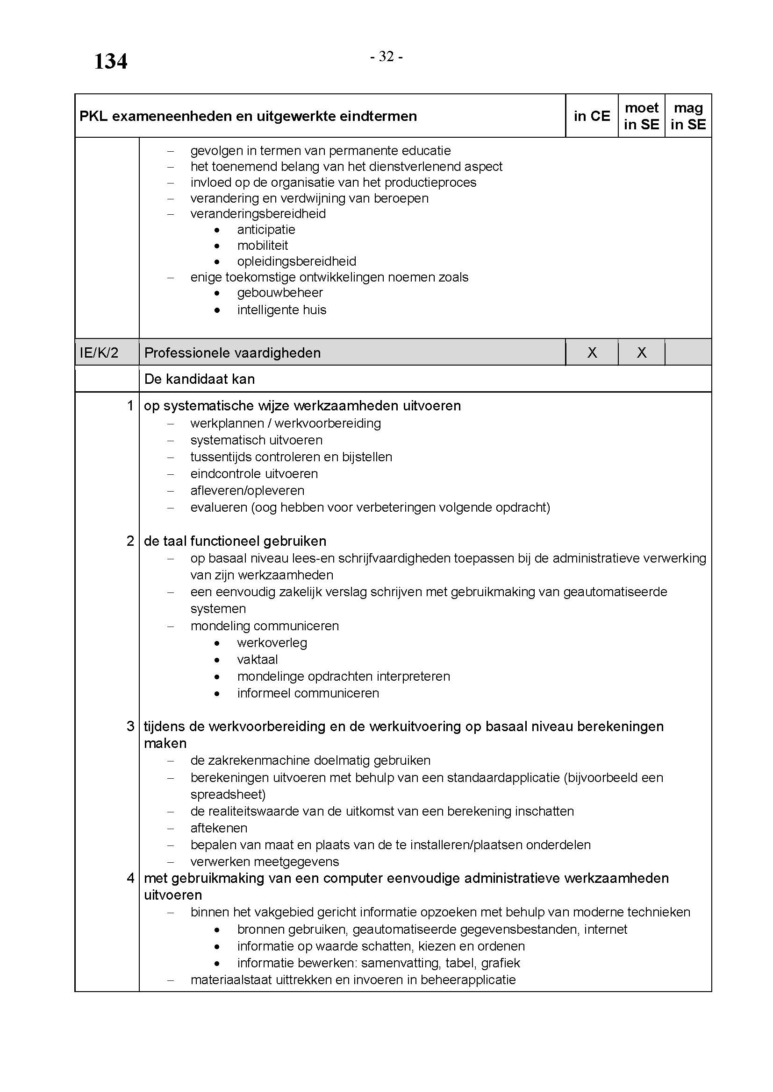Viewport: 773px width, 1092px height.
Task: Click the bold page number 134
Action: tap(110, 61)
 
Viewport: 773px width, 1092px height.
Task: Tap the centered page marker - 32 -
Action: tap(386, 56)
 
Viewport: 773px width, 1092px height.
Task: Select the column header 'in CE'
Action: tap(592, 116)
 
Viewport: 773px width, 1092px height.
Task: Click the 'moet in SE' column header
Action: tap(641, 116)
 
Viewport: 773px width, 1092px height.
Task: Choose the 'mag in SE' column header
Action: tap(688, 116)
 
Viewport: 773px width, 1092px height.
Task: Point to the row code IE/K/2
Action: tap(99, 352)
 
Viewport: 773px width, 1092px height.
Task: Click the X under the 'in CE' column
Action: tap(592, 352)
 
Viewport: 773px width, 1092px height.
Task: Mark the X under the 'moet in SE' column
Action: tap(641, 352)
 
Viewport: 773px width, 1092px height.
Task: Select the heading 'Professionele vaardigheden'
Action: tap(232, 353)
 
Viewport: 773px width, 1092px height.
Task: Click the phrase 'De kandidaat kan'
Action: tap(200, 379)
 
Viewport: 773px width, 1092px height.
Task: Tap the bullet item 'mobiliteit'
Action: tap(263, 246)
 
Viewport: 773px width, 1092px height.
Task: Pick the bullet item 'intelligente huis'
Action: tap(282, 310)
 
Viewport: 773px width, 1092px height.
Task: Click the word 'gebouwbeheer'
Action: tap(280, 293)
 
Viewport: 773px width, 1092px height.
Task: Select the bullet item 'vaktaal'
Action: tap(258, 660)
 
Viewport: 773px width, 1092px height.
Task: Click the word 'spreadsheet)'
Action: tap(228, 795)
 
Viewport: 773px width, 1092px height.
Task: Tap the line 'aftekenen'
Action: tap(219, 828)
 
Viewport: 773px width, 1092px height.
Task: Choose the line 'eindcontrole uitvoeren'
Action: tap(254, 474)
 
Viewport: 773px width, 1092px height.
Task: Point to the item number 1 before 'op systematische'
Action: tap(130, 406)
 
